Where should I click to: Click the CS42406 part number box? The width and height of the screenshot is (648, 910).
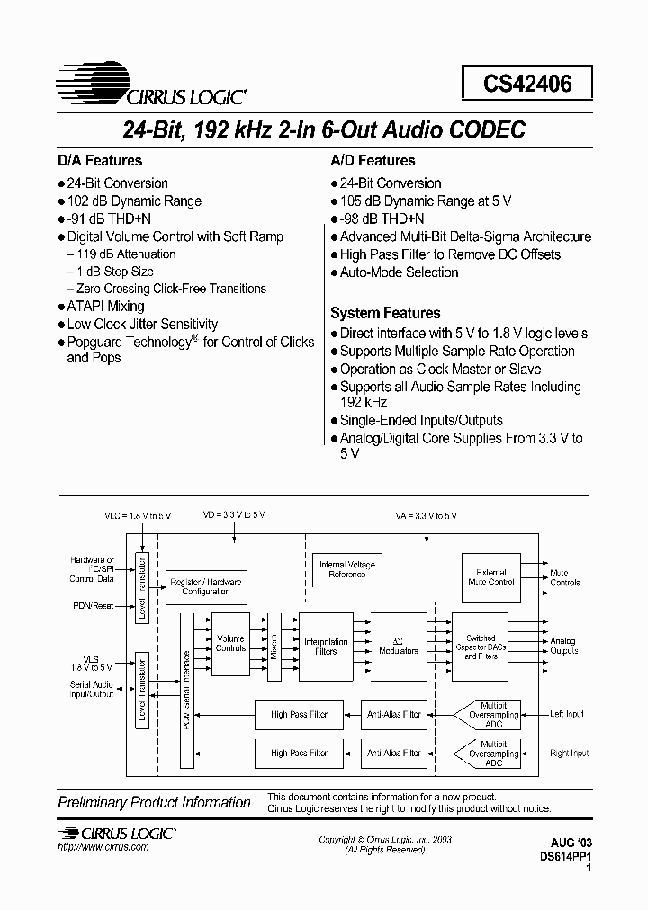pyautogui.click(x=526, y=84)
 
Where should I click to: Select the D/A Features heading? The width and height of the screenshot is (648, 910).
pyautogui.click(x=100, y=160)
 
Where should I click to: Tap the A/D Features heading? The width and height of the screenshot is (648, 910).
pyautogui.click(x=373, y=160)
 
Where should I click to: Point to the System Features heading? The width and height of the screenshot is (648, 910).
pyautogui.click(x=385, y=313)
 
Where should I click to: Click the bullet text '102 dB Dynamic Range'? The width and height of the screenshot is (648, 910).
pyautogui.click(x=134, y=201)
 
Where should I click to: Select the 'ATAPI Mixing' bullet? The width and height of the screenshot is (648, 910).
pyautogui.click(x=105, y=306)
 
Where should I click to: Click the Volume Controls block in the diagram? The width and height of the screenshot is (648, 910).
pyautogui.click(x=230, y=642)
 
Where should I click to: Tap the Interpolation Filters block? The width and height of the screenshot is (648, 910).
pyautogui.click(x=326, y=646)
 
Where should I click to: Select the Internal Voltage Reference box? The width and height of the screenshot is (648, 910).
pyautogui.click(x=347, y=569)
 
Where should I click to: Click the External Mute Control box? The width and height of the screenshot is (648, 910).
pyautogui.click(x=490, y=576)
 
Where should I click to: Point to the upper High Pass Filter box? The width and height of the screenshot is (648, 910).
pyautogui.click(x=300, y=714)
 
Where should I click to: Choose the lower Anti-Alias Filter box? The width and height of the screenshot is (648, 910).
pyautogui.click(x=393, y=753)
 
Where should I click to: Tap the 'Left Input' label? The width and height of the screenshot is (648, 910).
pyautogui.click(x=568, y=714)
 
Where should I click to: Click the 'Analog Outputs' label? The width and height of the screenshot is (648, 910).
pyautogui.click(x=564, y=646)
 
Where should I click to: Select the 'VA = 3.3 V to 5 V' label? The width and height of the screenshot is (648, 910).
pyautogui.click(x=426, y=515)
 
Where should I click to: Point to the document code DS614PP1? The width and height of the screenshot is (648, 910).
pyautogui.click(x=570, y=857)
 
